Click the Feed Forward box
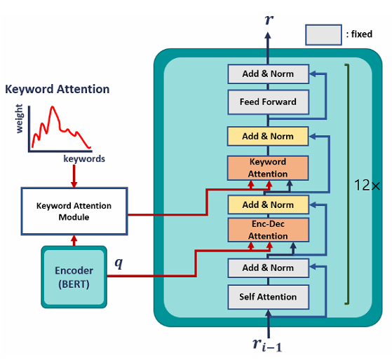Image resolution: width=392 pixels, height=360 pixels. pos(269,102)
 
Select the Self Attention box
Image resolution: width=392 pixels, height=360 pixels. pos(269,297)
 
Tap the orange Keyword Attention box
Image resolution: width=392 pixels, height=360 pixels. pos(268,168)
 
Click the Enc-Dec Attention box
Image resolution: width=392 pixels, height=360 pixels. pos(269,230)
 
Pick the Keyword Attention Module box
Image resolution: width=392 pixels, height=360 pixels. pos(74,212)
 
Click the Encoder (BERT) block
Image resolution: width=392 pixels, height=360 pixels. pos(74,277)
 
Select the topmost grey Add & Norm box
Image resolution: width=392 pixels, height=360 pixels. pos(269,74)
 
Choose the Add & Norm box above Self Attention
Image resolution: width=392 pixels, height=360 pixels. pos(269,268)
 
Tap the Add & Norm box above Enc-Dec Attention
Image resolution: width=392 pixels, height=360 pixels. pos(269,205)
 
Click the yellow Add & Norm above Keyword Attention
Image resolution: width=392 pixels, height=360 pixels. pos(268,137)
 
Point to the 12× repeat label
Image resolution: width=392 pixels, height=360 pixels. pos(367,186)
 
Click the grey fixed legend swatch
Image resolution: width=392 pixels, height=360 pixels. pos(323,35)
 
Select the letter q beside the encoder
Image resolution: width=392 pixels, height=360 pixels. pos(119,263)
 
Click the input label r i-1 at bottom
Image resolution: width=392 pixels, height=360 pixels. pos(267,345)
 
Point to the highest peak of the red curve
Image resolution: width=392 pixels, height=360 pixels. pos(53,107)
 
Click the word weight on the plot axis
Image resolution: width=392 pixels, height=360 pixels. pos(19,118)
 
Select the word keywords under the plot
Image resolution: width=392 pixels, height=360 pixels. pos(84,159)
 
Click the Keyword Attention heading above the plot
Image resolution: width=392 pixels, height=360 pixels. pos(58,89)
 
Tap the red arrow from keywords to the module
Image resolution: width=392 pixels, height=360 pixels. pos(74,176)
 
